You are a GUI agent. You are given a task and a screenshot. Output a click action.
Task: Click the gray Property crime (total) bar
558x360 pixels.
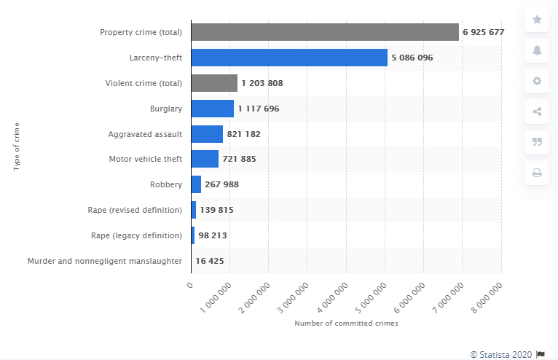(x=325, y=32)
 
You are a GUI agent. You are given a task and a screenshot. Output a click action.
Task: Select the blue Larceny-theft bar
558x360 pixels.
(x=289, y=58)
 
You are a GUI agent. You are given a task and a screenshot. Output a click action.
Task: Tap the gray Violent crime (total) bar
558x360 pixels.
(x=214, y=83)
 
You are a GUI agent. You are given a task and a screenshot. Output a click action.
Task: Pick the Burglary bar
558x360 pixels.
(x=212, y=109)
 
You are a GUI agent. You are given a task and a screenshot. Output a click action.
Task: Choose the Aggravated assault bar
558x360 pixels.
(x=207, y=134)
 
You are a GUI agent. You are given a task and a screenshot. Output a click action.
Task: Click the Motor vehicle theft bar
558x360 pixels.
(x=205, y=159)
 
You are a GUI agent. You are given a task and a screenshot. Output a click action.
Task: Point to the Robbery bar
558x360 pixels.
(x=196, y=184)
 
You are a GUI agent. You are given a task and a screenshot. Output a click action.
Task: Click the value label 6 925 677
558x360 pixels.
(x=484, y=33)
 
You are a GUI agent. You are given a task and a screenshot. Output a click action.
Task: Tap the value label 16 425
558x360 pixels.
(x=211, y=260)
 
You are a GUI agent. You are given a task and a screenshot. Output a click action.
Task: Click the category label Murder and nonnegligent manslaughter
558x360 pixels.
(x=104, y=260)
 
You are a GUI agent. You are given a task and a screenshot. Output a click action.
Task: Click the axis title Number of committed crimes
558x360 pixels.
(x=346, y=323)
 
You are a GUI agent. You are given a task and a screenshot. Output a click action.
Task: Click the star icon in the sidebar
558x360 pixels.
(x=537, y=20)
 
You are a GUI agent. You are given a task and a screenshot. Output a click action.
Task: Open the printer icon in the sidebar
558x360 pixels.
(x=537, y=173)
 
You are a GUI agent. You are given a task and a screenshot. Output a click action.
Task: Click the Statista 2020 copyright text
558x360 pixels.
(x=502, y=354)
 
